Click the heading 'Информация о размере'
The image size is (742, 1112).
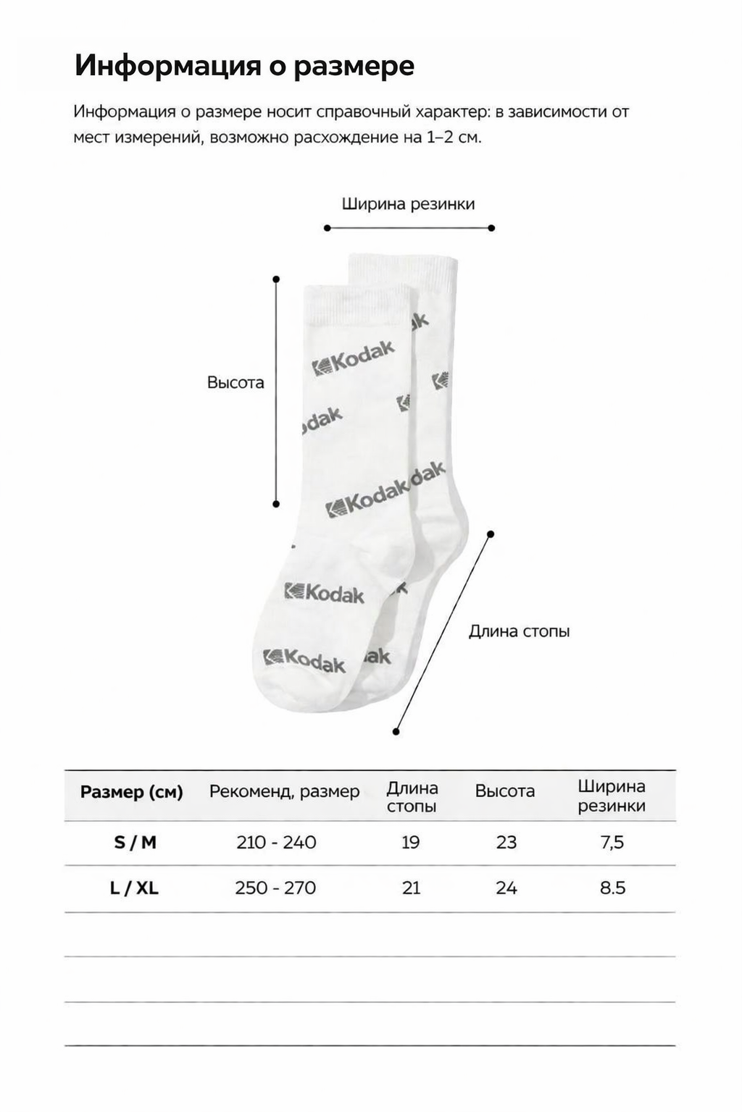(244, 66)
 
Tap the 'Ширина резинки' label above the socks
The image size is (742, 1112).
(408, 204)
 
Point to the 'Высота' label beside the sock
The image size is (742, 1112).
(235, 382)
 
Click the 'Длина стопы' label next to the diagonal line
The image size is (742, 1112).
(519, 631)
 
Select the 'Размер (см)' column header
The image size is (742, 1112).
(131, 792)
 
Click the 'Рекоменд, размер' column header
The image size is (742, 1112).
(284, 792)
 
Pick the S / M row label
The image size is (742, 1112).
(135, 843)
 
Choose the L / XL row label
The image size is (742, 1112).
(134, 888)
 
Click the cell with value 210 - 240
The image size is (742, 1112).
(276, 843)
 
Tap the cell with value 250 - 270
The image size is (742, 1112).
(275, 888)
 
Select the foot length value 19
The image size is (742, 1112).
(410, 843)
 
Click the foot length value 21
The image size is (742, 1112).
(411, 888)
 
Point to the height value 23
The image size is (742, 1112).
(507, 843)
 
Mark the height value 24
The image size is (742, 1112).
(507, 888)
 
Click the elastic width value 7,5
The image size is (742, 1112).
(612, 843)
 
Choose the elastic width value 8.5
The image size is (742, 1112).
(612, 888)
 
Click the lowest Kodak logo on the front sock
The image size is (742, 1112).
(304, 660)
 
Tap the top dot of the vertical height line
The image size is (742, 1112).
(276, 278)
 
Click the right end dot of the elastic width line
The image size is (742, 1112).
(491, 228)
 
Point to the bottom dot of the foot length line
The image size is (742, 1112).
(396, 732)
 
